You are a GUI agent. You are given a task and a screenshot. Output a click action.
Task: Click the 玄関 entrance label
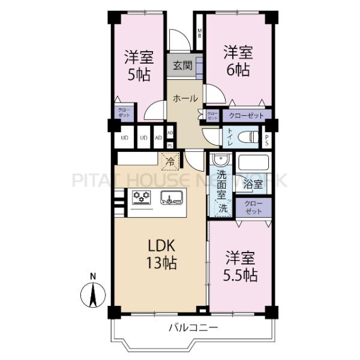[x=183, y=67]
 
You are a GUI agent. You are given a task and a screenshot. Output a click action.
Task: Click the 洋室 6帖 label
[x=238, y=60]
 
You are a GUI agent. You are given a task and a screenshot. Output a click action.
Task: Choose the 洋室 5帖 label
[x=139, y=67]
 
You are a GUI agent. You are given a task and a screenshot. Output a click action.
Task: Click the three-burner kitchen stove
[x=142, y=197]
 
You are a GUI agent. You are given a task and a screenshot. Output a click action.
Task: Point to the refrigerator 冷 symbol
[x=170, y=160]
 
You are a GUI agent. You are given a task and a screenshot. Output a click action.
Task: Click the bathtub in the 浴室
[x=253, y=163]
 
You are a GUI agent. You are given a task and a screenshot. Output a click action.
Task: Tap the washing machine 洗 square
[x=222, y=210]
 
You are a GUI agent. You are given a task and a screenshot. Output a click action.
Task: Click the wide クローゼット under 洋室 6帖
[x=247, y=115]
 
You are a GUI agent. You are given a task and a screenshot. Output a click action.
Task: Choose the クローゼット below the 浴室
[x=253, y=208]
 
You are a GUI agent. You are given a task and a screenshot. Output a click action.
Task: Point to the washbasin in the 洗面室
[x=220, y=161]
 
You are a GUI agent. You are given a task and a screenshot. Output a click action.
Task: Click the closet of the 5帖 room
[x=123, y=114]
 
